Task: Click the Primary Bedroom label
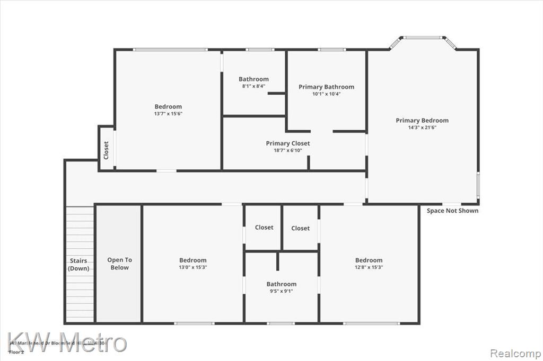click(x=422, y=120)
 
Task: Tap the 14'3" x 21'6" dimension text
click(x=422, y=128)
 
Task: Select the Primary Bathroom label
click(x=326, y=87)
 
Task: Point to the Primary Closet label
click(x=287, y=143)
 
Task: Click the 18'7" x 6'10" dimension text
click(x=287, y=150)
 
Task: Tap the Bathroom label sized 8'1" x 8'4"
click(x=253, y=79)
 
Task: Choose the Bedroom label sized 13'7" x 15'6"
click(x=168, y=106)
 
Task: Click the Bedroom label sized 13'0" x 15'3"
click(x=192, y=260)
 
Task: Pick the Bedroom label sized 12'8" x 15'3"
click(x=369, y=260)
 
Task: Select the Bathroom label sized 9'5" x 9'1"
click(x=282, y=284)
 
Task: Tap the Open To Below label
click(x=119, y=264)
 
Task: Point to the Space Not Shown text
click(x=452, y=211)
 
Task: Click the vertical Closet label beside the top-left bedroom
click(x=106, y=150)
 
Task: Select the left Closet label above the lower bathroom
click(x=264, y=227)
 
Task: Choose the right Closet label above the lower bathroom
click(x=300, y=228)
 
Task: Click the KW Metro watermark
click(x=67, y=342)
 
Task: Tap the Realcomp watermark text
click(x=515, y=353)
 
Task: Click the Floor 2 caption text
click(x=16, y=351)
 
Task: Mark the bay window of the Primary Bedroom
click(x=423, y=38)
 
